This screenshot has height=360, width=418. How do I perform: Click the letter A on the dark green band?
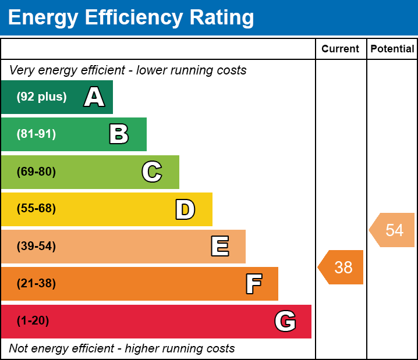94,97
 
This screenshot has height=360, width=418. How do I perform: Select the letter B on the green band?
119,134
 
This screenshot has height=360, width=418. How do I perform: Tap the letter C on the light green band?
152,172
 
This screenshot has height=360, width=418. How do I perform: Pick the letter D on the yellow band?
185,209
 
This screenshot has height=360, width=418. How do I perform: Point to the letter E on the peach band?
219,247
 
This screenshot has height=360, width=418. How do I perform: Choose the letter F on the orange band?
253,284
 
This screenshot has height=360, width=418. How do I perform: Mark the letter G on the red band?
285,321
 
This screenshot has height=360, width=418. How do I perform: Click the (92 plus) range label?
41,97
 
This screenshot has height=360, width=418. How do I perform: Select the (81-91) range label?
36,134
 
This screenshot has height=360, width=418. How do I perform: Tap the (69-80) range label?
36,172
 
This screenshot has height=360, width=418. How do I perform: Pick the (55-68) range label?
36,209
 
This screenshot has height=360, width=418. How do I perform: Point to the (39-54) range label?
36,247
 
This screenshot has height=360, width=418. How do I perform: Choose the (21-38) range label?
36,284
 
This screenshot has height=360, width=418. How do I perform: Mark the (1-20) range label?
33,321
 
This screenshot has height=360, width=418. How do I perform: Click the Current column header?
341,49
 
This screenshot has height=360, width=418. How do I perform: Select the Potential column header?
392,49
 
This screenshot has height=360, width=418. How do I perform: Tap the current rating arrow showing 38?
342,268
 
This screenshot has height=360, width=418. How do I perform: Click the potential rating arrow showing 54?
393,230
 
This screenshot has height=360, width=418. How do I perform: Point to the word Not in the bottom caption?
19,349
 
